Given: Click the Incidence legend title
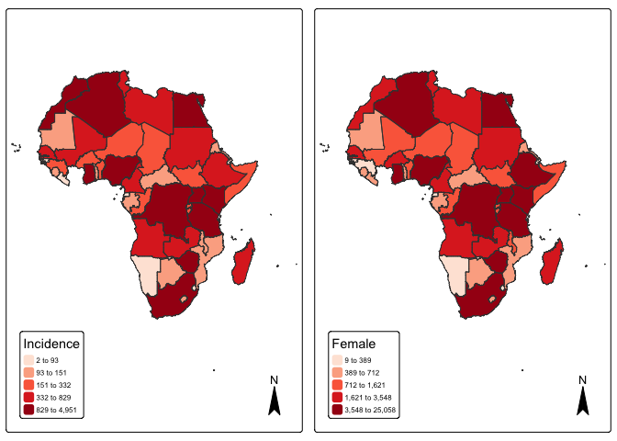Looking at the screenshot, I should (51, 344).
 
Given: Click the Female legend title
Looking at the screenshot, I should (353, 344).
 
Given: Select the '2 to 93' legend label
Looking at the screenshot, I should (48, 361).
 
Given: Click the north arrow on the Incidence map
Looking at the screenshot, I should (274, 400).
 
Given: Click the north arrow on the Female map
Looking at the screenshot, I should (582, 400).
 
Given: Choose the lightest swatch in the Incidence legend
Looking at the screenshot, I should (28, 361).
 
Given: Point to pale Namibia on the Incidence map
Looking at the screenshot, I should (145, 273).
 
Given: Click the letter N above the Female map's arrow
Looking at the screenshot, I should (582, 379).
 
